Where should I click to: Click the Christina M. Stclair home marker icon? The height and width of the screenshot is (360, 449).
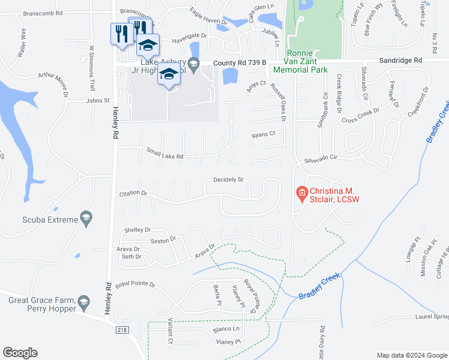(x=302, y=193)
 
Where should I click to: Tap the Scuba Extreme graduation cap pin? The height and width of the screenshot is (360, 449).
(x=86, y=219)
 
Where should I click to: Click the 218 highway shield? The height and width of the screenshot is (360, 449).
(x=122, y=329)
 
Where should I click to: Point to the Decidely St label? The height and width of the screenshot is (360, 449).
(x=228, y=179)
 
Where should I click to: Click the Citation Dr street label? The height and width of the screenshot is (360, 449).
(x=134, y=193)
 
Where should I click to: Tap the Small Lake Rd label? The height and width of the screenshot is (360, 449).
(x=164, y=156)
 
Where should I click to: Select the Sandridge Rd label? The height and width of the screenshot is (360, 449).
(x=401, y=61)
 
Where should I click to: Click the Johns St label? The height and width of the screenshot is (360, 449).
(x=99, y=101)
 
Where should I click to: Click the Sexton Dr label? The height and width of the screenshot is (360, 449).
(x=163, y=240)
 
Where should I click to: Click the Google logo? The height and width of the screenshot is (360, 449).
(x=20, y=353)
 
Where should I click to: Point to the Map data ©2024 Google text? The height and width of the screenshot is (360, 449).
(x=411, y=355)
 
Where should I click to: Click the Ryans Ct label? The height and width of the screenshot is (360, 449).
(x=263, y=134)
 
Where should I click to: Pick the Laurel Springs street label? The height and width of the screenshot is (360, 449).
(x=432, y=316)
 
